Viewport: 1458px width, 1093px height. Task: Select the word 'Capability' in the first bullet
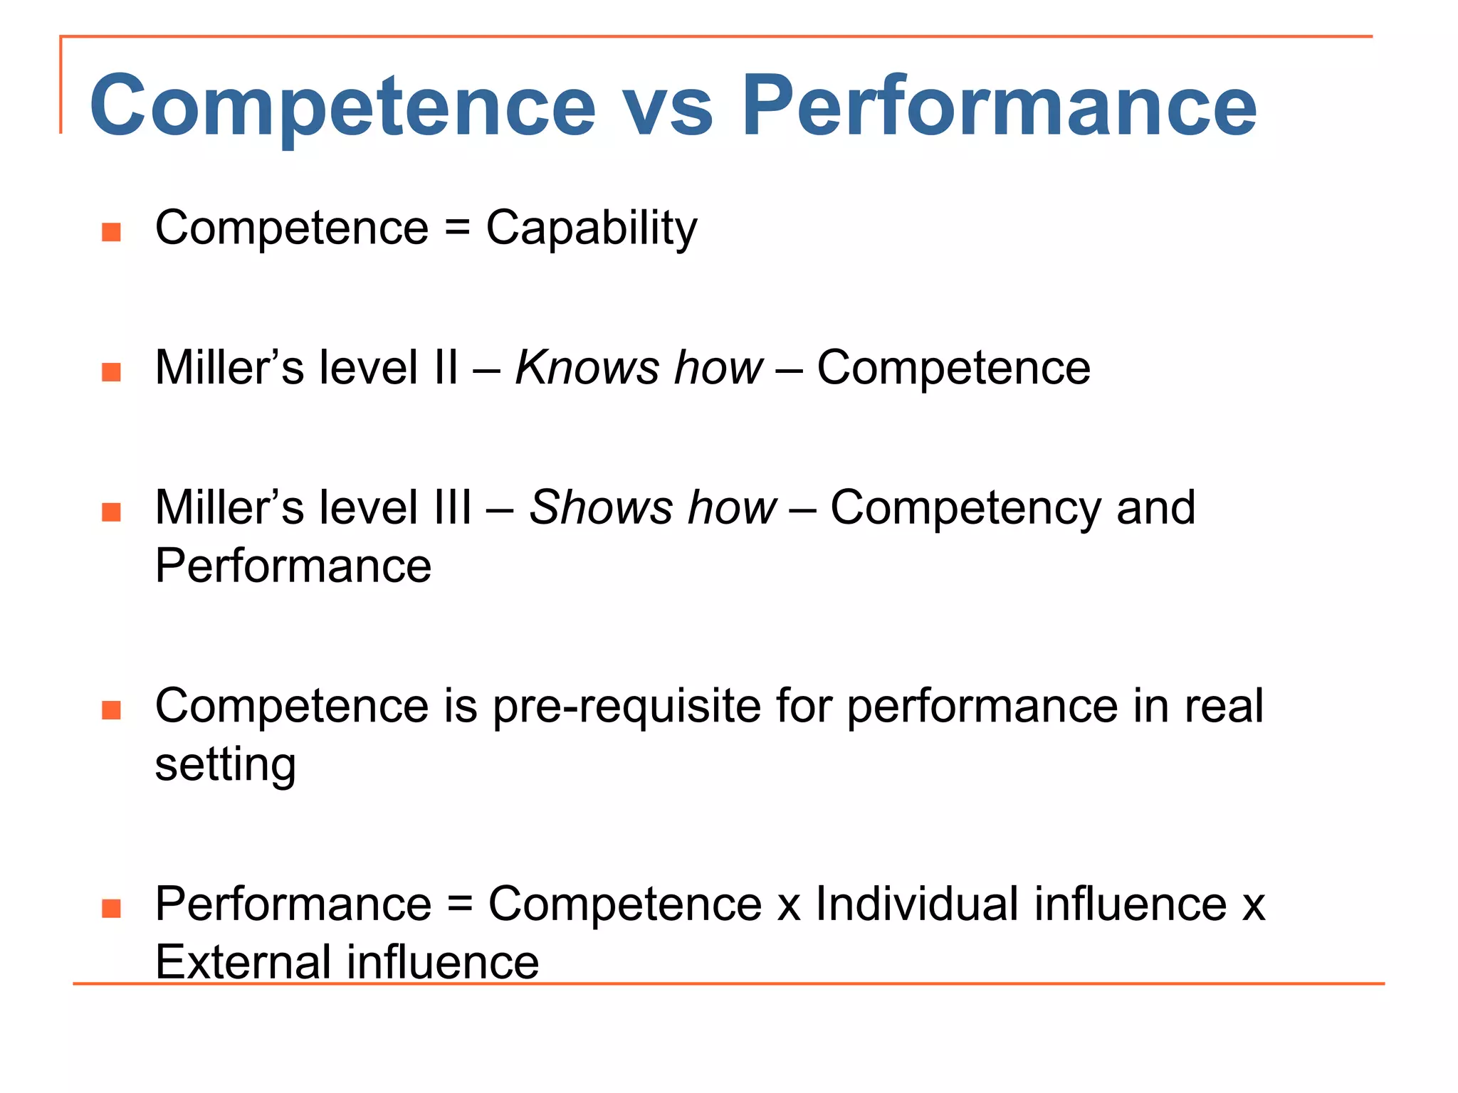(x=592, y=229)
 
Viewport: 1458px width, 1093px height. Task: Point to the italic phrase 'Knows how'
(x=639, y=368)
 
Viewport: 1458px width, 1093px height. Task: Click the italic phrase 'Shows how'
(x=653, y=508)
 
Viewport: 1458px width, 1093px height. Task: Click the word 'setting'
(x=225, y=766)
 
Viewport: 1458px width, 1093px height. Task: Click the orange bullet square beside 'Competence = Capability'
(x=111, y=232)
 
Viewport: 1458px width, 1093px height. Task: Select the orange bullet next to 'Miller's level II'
(x=111, y=371)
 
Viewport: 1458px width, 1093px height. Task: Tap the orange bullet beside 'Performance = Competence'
(x=111, y=908)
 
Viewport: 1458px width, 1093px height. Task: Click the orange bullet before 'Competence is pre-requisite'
(x=111, y=710)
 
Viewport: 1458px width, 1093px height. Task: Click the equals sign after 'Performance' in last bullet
(x=460, y=904)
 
